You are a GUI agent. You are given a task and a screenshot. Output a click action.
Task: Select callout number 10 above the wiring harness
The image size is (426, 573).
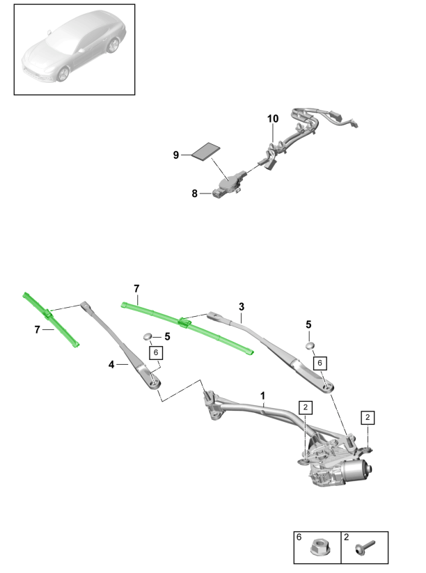(272, 119)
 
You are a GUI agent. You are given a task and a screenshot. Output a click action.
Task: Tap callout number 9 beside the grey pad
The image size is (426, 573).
(176, 155)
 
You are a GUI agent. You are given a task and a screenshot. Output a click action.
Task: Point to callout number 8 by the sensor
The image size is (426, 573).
(195, 194)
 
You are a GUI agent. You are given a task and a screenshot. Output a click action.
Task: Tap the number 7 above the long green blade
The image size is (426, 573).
(137, 288)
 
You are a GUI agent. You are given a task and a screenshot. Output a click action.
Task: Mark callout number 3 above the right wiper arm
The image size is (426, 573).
(241, 306)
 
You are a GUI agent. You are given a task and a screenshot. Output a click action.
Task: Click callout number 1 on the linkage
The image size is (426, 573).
(264, 395)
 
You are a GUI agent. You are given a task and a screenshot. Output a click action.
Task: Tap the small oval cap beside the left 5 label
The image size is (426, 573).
(148, 337)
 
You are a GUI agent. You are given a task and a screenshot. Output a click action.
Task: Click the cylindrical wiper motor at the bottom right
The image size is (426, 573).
(359, 474)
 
